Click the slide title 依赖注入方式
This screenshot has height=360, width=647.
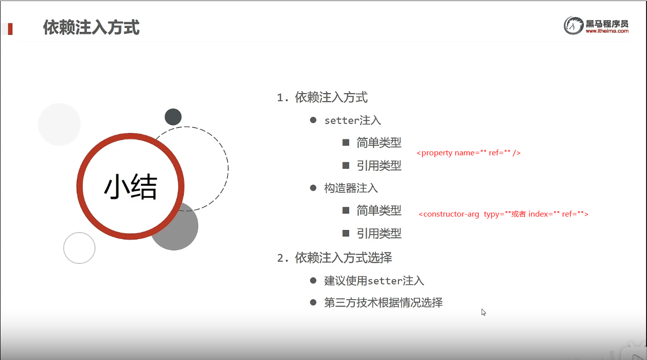click(91, 27)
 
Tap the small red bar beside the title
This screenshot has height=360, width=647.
click(10, 29)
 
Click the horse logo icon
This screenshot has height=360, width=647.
click(573, 25)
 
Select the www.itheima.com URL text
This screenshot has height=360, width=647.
click(607, 31)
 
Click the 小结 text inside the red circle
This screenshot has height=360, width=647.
click(130, 187)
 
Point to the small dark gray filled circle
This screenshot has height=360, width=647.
click(173, 117)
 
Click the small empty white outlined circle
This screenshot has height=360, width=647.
click(79, 248)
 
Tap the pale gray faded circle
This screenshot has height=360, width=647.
click(59, 124)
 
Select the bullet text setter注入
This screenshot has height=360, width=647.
click(353, 120)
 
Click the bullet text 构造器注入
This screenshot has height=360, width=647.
click(351, 188)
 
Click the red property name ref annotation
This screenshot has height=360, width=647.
click(469, 153)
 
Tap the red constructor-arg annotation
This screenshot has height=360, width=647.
click(504, 214)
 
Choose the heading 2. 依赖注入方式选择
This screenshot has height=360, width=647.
click(335, 257)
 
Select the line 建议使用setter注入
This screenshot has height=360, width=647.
click(374, 281)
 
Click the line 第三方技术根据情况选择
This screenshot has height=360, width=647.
click(384, 303)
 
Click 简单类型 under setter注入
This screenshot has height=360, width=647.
click(379, 142)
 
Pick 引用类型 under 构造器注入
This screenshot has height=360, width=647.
click(379, 233)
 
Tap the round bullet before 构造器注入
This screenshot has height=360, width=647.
click(313, 188)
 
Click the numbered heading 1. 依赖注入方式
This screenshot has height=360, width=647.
click(322, 97)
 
